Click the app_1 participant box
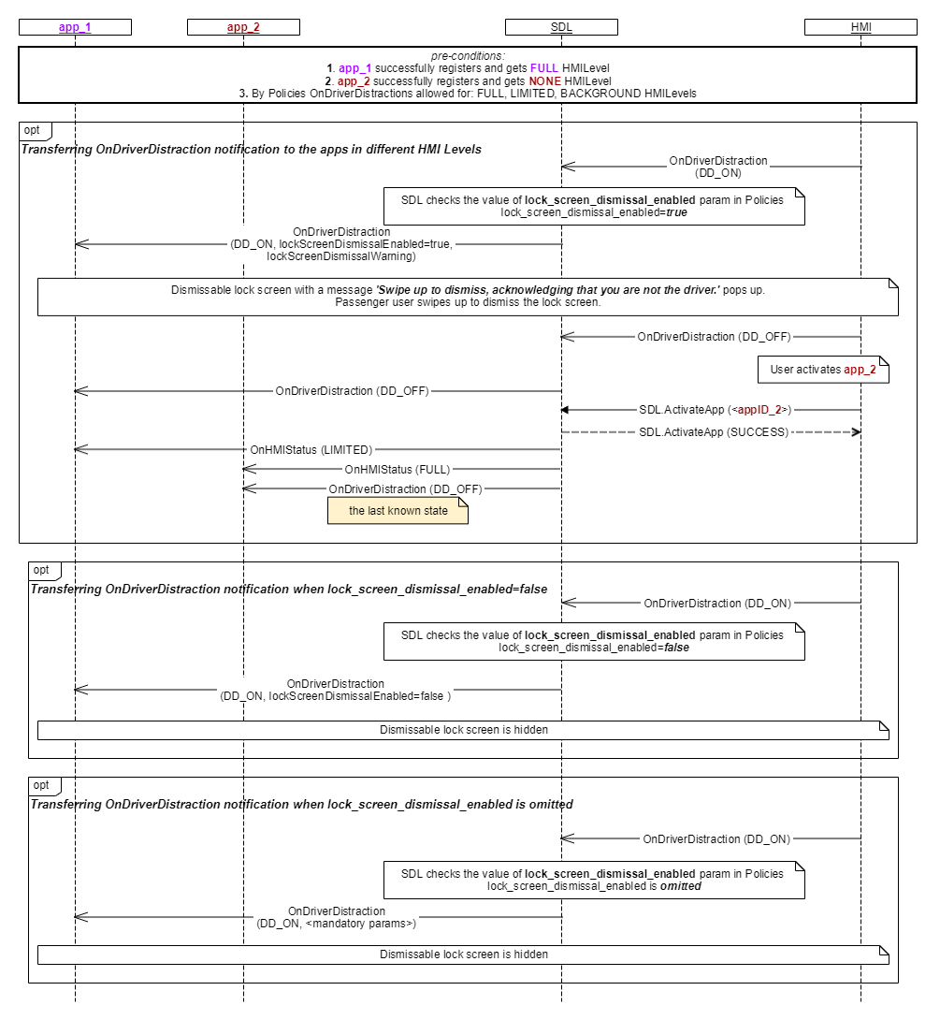[x=75, y=27]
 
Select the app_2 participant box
[x=243, y=27]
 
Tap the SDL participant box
[x=561, y=27]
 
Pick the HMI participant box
[x=860, y=27]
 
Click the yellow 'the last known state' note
[x=398, y=511]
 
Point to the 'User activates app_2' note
[x=823, y=370]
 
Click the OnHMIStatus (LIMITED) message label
[x=311, y=449]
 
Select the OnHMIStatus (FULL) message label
[x=398, y=469]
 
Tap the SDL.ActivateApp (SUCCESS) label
[x=713, y=432]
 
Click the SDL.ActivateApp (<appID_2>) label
[x=716, y=410]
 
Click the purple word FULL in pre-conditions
[x=544, y=67]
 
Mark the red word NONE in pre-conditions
[x=544, y=80]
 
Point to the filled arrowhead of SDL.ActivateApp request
[x=565, y=410]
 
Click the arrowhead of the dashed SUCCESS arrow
[x=857, y=432]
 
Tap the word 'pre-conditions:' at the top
[x=468, y=56]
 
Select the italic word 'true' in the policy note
[x=677, y=212]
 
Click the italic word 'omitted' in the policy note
[x=681, y=886]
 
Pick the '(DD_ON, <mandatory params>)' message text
[x=336, y=924]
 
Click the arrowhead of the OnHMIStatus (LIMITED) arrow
[x=80, y=449]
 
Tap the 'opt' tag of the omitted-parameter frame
[x=41, y=785]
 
